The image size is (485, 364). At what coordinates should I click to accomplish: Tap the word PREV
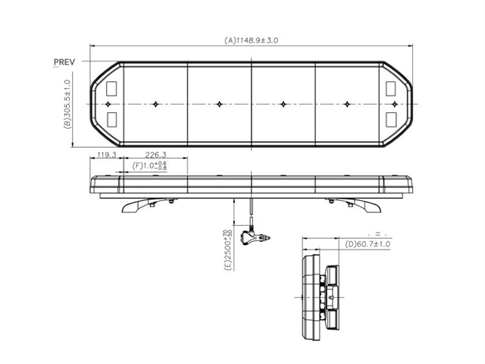pyautogui.click(x=65, y=61)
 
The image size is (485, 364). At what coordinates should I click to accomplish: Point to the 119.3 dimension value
pyautogui.click(x=103, y=155)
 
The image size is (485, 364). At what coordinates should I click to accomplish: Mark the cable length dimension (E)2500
pyautogui.click(x=227, y=250)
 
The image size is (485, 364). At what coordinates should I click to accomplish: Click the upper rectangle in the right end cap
pyautogui.click(x=394, y=87)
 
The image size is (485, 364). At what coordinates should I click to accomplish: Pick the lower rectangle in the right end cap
pyautogui.click(x=394, y=118)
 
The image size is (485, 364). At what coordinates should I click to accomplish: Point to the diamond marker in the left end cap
pyautogui.click(x=108, y=103)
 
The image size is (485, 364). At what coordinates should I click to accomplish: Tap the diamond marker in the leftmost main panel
pyautogui.click(x=155, y=103)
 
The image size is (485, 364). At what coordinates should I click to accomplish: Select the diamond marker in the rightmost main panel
pyautogui.click(x=348, y=103)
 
